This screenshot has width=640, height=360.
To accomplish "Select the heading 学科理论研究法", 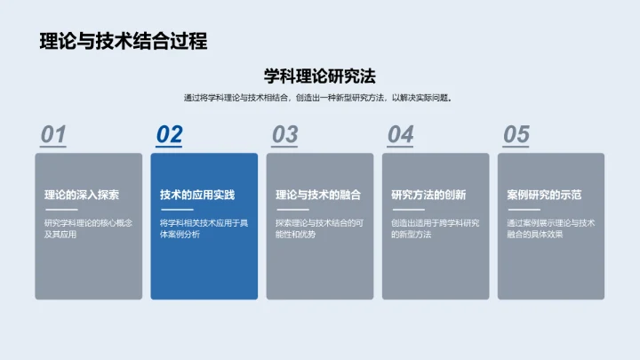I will click(320, 76).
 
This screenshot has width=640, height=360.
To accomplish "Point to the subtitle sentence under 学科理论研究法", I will click(319, 98).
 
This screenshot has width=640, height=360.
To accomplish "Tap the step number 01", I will click(53, 134).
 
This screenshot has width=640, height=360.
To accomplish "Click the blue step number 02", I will click(169, 134).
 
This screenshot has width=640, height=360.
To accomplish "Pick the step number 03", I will click(284, 134).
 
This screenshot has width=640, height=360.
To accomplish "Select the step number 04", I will click(400, 134).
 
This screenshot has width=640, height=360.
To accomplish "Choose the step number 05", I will click(516, 134).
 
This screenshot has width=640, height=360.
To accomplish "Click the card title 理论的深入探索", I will click(82, 195).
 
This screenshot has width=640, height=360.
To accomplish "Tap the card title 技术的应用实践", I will click(197, 195).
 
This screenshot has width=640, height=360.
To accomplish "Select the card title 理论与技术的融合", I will click(317, 195).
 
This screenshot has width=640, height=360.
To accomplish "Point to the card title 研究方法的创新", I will click(428, 195).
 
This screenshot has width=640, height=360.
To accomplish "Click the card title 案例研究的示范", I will click(544, 195).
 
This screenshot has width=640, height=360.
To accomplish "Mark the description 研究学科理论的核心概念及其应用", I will click(88, 228).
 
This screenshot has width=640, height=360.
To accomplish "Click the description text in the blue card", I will click(204, 228).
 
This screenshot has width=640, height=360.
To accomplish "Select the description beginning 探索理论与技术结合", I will click(319, 228).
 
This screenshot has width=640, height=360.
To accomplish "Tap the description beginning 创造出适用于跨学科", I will click(435, 228).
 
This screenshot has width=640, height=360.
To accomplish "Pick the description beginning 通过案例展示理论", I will click(550, 228).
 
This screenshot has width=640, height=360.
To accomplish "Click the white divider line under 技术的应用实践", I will click(176, 210).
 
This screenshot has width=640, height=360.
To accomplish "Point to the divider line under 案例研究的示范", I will click(523, 210).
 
